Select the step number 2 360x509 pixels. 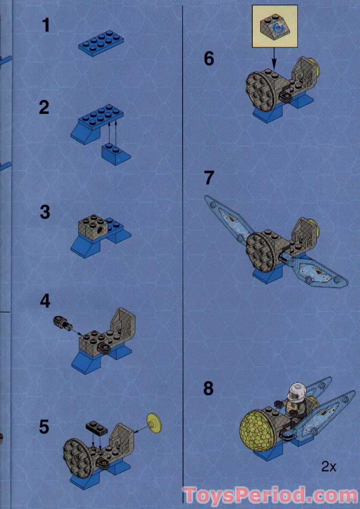[x=44, y=107]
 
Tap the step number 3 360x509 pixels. [x=45, y=212]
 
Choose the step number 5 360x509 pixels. [x=44, y=427]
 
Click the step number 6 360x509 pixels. [x=209, y=59]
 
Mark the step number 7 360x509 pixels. [x=209, y=178]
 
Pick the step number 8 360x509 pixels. [x=209, y=388]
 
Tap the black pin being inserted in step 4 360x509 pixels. [x=61, y=323]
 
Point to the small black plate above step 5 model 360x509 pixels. [x=97, y=427]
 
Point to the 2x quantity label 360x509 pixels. [x=328, y=467]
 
